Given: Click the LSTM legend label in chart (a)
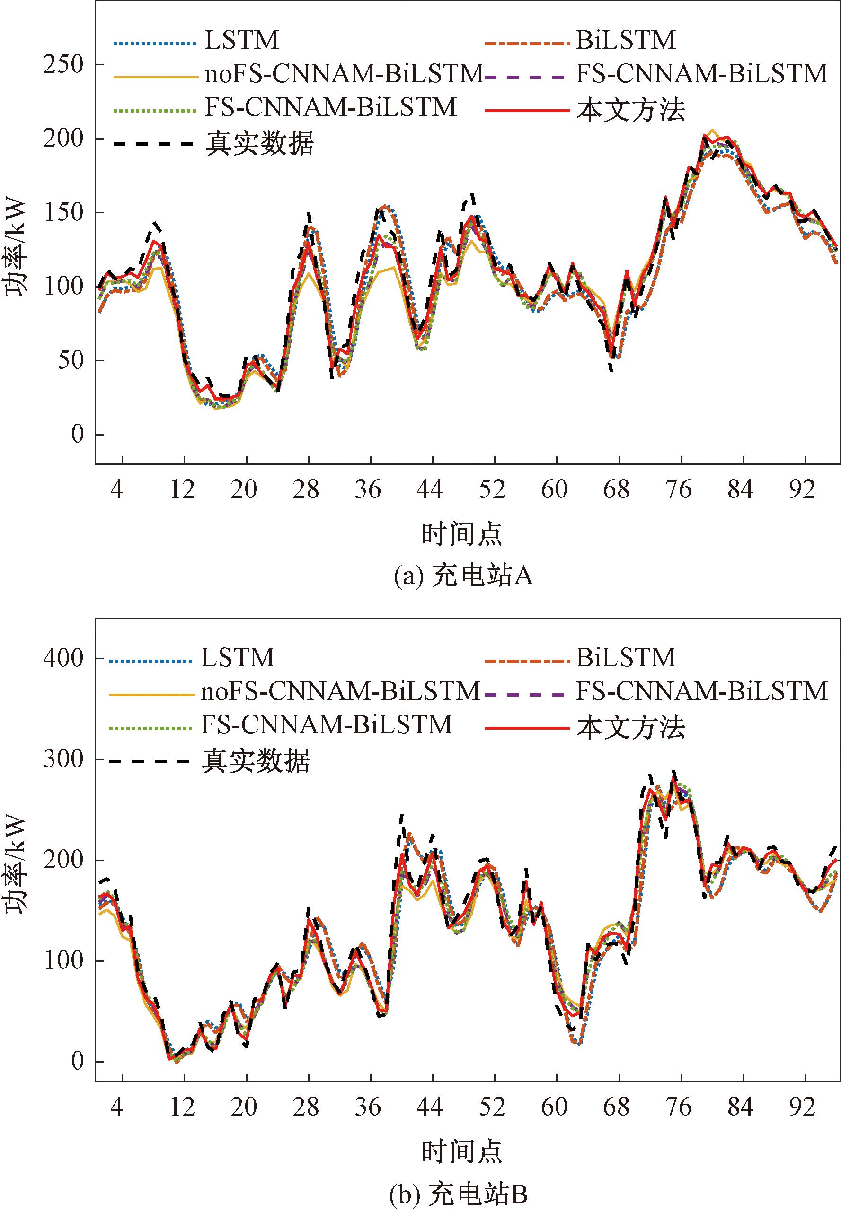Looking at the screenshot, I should point(241,41).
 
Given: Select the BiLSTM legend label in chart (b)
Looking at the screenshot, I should point(626,658).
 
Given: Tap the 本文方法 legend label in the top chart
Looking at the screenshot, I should point(631,110).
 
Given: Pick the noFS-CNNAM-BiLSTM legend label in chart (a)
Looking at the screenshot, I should point(344,75).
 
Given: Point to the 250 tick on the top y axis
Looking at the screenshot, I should point(64,64).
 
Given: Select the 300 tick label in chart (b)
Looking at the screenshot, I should point(64,759).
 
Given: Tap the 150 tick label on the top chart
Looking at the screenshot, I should point(64,213).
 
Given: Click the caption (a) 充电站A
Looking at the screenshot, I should point(463,576).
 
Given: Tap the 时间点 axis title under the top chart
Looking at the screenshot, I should point(462,534).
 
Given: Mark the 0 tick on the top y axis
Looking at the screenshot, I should point(78,435).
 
